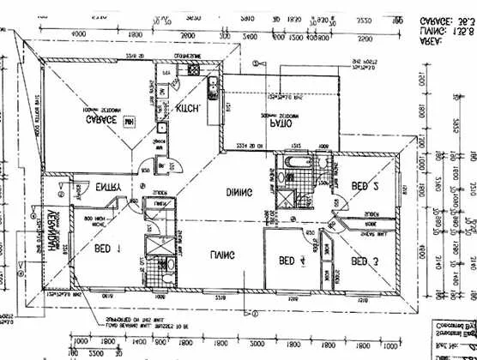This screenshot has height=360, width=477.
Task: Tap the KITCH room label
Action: coord(188,109)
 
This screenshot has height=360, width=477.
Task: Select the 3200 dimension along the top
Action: coord(365,39)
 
